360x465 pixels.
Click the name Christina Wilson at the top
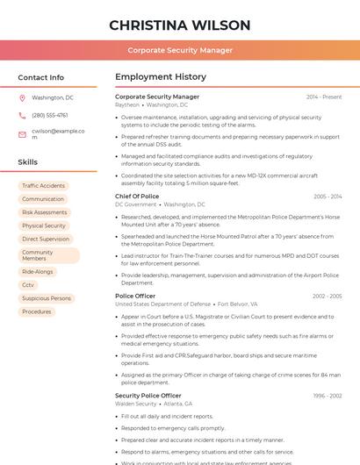pos(180,25)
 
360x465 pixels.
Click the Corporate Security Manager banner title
pos(180,50)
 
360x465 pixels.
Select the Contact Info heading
pos(41,77)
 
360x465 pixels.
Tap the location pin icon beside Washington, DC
pos(22,98)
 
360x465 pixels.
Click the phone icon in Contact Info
pos(22,115)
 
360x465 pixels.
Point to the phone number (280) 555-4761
pos(50,115)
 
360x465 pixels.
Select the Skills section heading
pos(28,162)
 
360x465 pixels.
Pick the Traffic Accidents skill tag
pos(43,186)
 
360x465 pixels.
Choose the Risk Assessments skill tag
pos(44,212)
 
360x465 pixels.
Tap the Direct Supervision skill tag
pos(46,239)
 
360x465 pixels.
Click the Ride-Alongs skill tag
pos(38,272)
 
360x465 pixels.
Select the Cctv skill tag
pos(28,285)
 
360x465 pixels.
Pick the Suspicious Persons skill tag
pos(47,298)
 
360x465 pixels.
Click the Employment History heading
pos(161,77)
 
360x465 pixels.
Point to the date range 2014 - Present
pos(324,97)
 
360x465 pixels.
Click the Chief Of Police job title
pos(137,197)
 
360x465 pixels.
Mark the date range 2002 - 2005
pos(327,297)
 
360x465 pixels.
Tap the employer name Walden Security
pos(135,404)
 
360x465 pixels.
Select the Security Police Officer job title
pos(148,396)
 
